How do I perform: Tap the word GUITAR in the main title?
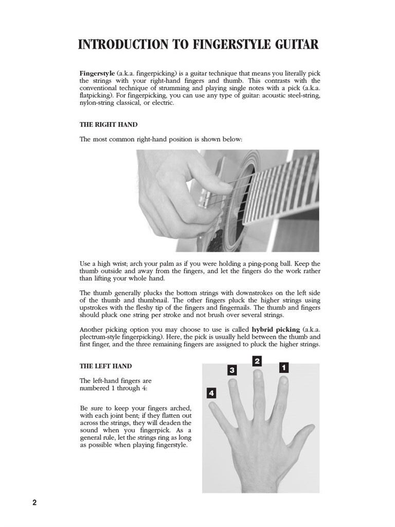tap(298, 45)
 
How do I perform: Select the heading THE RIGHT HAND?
tap(109, 125)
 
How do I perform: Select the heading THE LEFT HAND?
tap(105, 366)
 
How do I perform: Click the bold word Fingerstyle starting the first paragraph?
tap(97, 74)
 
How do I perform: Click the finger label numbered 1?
tap(283, 367)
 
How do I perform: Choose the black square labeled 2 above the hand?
tap(257, 361)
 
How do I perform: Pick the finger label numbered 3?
tap(232, 370)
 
